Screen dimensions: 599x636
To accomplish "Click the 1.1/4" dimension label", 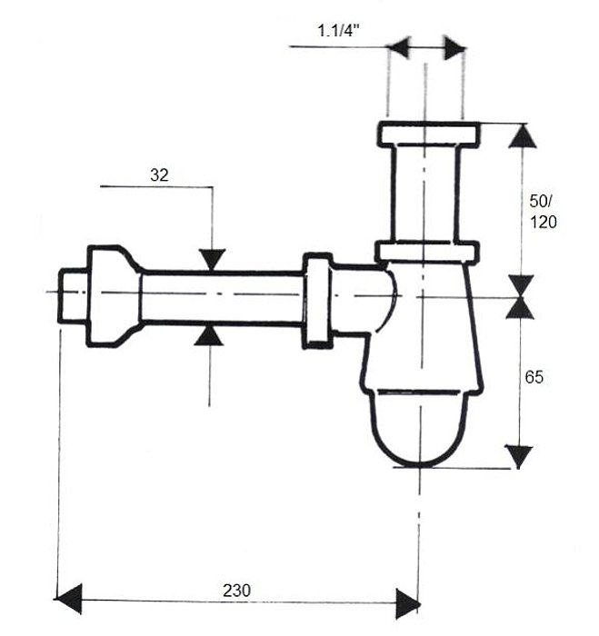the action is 338,31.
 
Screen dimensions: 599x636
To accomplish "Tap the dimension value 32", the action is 159,175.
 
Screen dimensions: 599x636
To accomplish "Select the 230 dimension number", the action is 236,591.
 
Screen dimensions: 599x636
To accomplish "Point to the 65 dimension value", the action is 534,377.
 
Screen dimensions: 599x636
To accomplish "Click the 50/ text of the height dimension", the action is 541,201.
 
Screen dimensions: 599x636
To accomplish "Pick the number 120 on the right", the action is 544,223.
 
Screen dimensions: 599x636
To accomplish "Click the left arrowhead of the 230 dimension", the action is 68,599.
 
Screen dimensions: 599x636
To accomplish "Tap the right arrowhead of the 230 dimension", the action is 407,604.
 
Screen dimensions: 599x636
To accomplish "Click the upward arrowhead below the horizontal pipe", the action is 209,335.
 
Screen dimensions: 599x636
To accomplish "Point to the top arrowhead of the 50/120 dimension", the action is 523,136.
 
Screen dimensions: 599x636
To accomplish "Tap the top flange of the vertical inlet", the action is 428,134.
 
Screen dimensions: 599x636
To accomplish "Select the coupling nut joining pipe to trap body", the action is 318,301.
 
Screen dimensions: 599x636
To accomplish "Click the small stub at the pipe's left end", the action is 74,295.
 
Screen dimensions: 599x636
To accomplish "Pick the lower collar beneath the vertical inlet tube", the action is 426,252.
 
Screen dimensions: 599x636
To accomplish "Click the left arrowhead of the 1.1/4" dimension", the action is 399,48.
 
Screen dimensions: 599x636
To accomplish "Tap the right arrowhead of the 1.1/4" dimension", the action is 455,48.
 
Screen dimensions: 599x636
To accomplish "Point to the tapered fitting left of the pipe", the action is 115,296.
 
